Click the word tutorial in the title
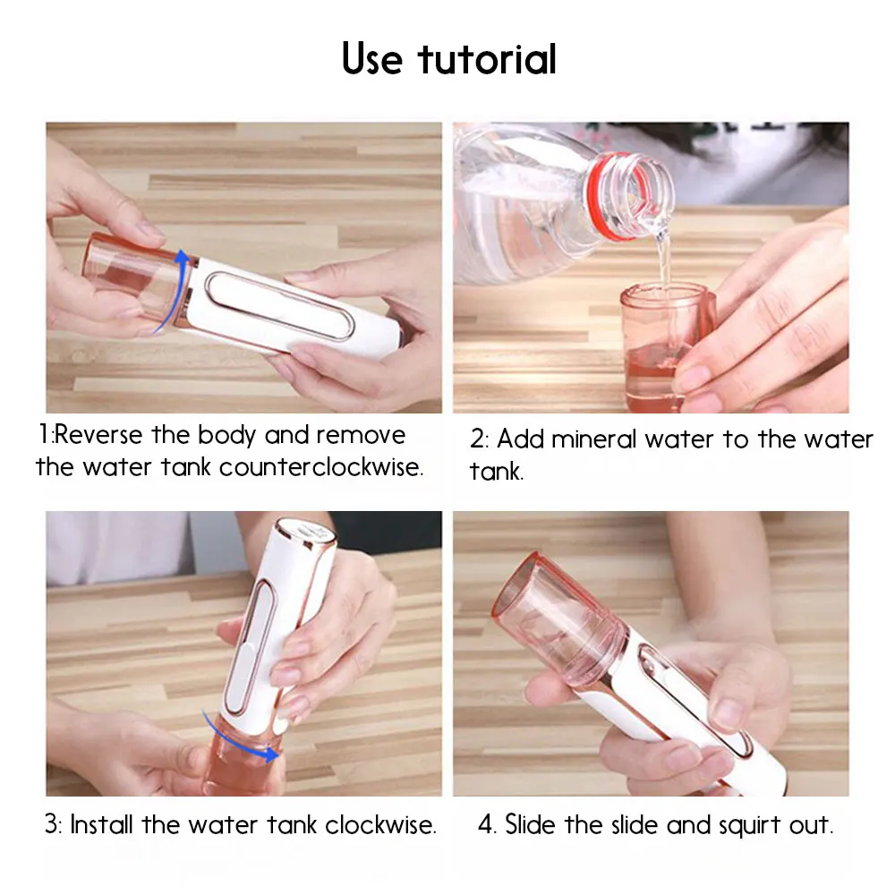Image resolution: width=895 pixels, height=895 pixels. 487,59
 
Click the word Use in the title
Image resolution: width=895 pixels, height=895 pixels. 372,59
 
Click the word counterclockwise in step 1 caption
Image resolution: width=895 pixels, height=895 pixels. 320,467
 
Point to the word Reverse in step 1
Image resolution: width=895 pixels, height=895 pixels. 98,436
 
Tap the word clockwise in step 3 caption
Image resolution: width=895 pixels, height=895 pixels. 380,825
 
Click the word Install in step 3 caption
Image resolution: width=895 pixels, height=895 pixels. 101,825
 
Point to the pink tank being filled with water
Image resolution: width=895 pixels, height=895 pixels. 666,347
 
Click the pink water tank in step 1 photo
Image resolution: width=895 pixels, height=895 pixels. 135,278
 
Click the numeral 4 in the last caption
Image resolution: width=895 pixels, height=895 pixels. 486,825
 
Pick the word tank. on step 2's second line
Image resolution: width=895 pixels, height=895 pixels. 496,472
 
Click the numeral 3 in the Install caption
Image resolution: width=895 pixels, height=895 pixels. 52,825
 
